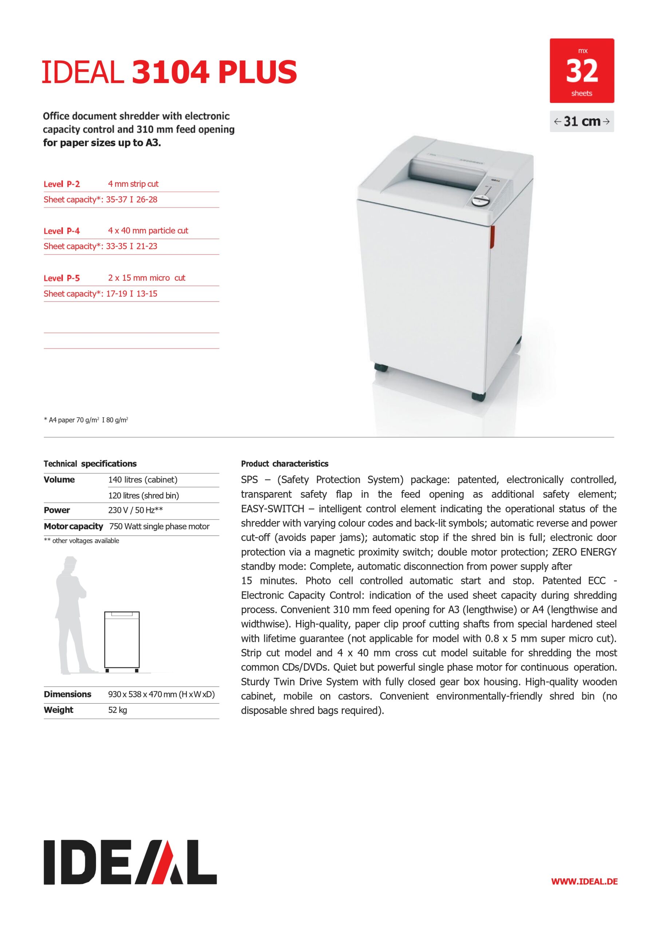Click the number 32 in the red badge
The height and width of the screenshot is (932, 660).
582,71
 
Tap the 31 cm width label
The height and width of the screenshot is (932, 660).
582,121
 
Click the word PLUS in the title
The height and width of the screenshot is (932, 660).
257,72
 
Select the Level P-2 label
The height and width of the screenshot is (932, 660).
62,184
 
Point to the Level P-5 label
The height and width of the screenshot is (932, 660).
62,278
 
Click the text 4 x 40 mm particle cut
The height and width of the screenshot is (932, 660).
148,231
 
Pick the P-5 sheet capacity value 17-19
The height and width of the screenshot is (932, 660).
116,294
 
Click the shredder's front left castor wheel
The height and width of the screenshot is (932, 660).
381,368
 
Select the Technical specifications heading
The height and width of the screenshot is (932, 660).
90,464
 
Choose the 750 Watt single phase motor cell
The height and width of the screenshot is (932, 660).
159,526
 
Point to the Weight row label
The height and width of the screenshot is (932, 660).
59,710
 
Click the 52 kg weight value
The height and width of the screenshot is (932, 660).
118,710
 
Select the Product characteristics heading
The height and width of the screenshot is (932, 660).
284,464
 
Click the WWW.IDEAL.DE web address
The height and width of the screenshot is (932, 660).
584,893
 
